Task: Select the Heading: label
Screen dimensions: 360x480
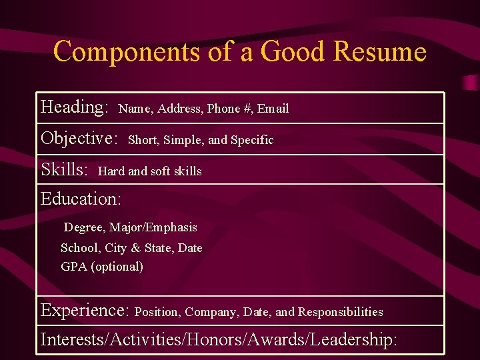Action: (75, 107)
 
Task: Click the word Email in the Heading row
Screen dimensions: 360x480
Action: (273, 109)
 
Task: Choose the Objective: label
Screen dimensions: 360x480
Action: (79, 139)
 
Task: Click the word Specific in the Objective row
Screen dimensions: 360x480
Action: (252, 140)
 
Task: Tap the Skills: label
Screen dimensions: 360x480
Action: (65, 169)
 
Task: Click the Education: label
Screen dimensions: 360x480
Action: (81, 199)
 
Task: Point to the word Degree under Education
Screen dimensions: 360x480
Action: (84, 228)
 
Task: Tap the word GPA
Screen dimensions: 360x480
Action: (74, 267)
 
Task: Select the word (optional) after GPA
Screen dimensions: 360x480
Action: (117, 267)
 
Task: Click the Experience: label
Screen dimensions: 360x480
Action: (85, 310)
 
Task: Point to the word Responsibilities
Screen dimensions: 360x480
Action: (341, 312)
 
